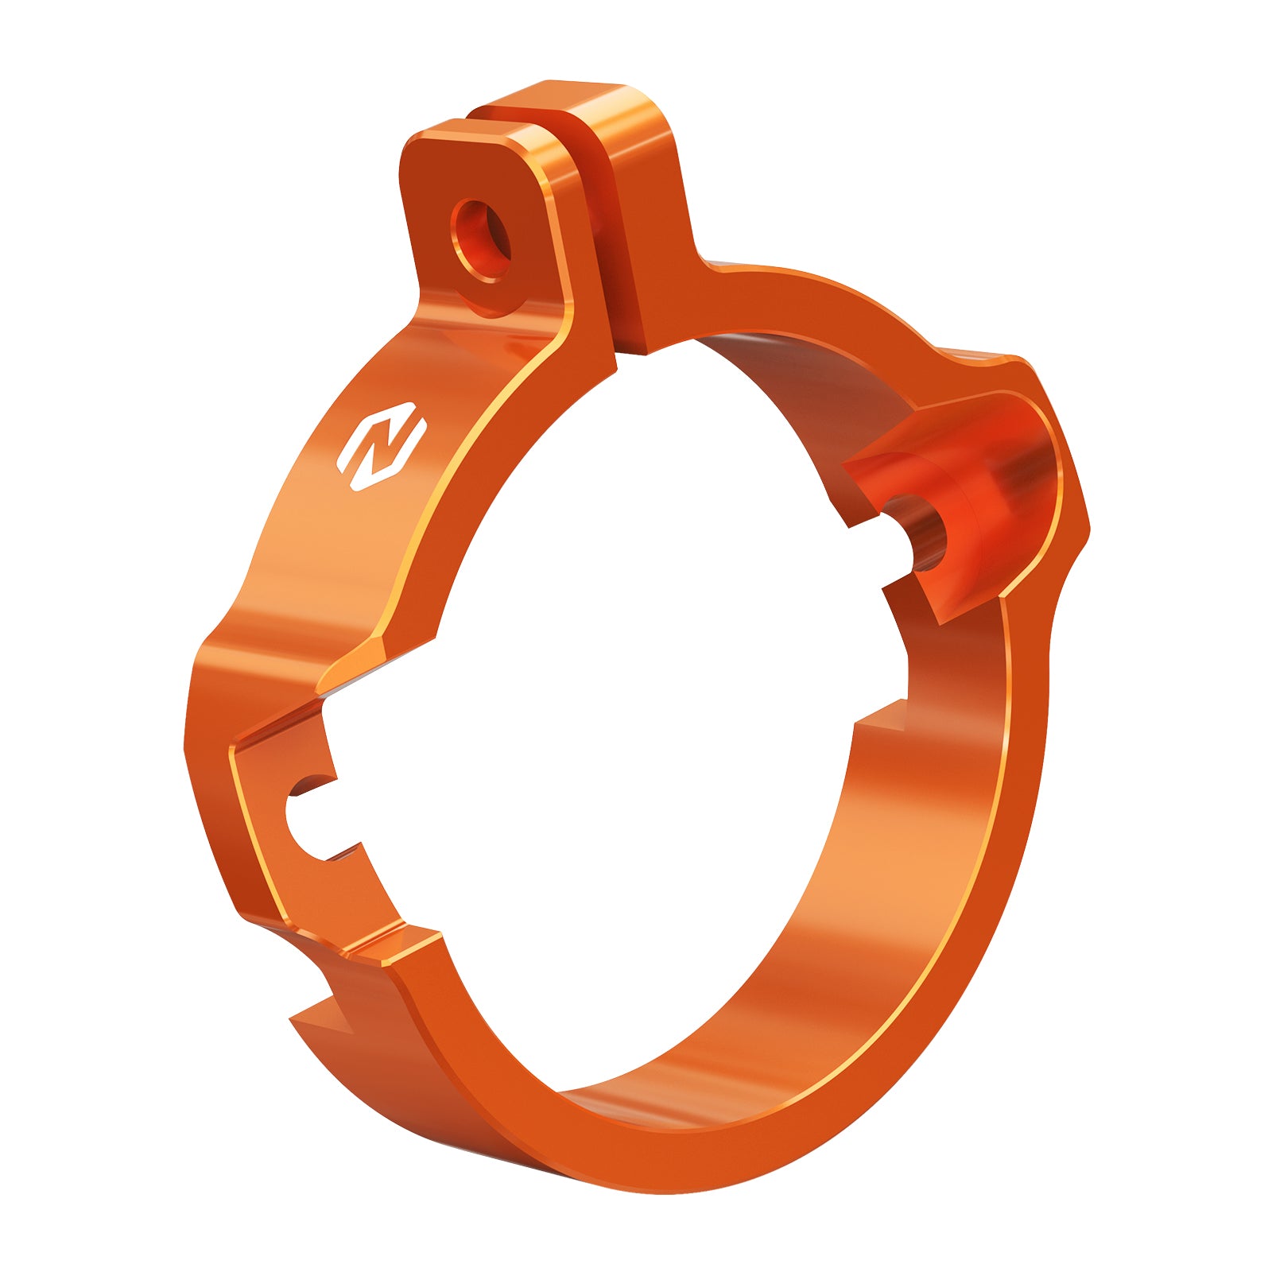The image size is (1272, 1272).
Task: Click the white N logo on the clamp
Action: point(382,446)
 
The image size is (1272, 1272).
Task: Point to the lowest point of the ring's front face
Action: point(636,1177)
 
